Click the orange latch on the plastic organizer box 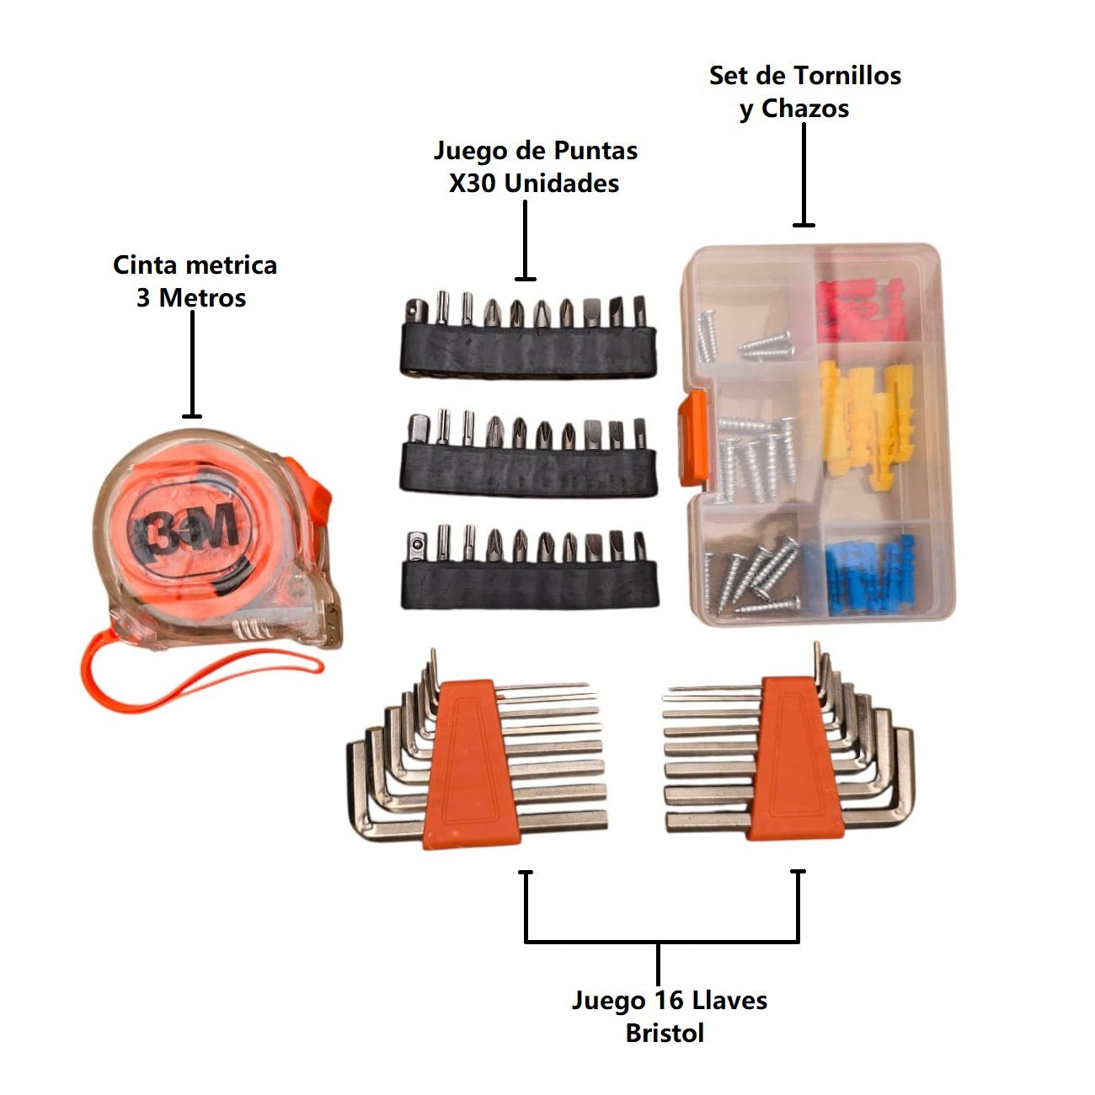tap(692, 438)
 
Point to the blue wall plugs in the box tap(868, 573)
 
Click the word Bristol tap(665, 1033)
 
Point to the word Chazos tap(805, 109)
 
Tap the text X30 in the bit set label tap(472, 184)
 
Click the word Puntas tap(589, 151)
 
